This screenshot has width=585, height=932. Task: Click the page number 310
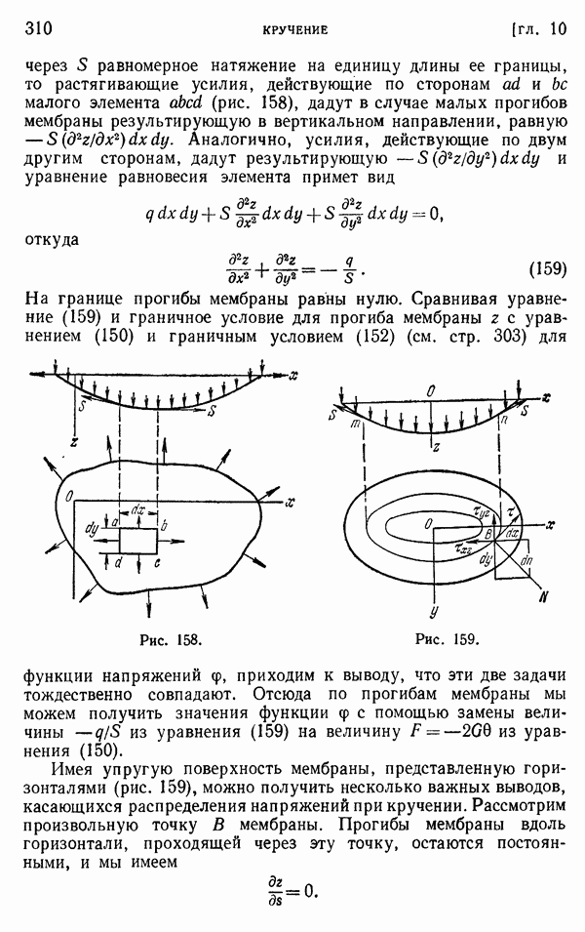39,28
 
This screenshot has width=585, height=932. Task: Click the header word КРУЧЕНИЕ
295,30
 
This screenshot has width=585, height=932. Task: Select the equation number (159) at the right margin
548,269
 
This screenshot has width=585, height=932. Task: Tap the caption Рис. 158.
171,639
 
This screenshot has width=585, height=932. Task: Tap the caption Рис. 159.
448,639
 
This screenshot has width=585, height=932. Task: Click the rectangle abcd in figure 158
137,541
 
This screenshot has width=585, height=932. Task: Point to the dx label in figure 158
137,511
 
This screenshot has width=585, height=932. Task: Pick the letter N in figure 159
543,598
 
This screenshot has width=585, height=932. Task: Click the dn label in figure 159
526,560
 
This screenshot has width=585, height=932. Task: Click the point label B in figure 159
487,533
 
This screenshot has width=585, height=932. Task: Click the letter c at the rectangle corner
157,563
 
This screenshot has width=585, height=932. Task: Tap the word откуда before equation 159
52,239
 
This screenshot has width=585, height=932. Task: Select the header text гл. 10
538,29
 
